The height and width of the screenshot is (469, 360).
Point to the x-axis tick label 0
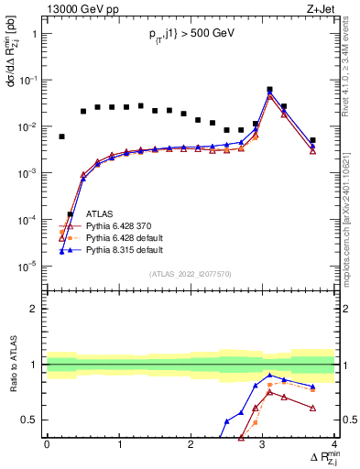tap(47, 444)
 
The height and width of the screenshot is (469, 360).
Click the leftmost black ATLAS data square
tap(61, 136)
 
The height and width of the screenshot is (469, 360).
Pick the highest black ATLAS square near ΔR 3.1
tap(269, 90)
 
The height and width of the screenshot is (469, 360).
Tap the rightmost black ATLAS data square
tap(312, 140)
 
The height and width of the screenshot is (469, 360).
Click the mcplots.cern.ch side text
tap(352, 220)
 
